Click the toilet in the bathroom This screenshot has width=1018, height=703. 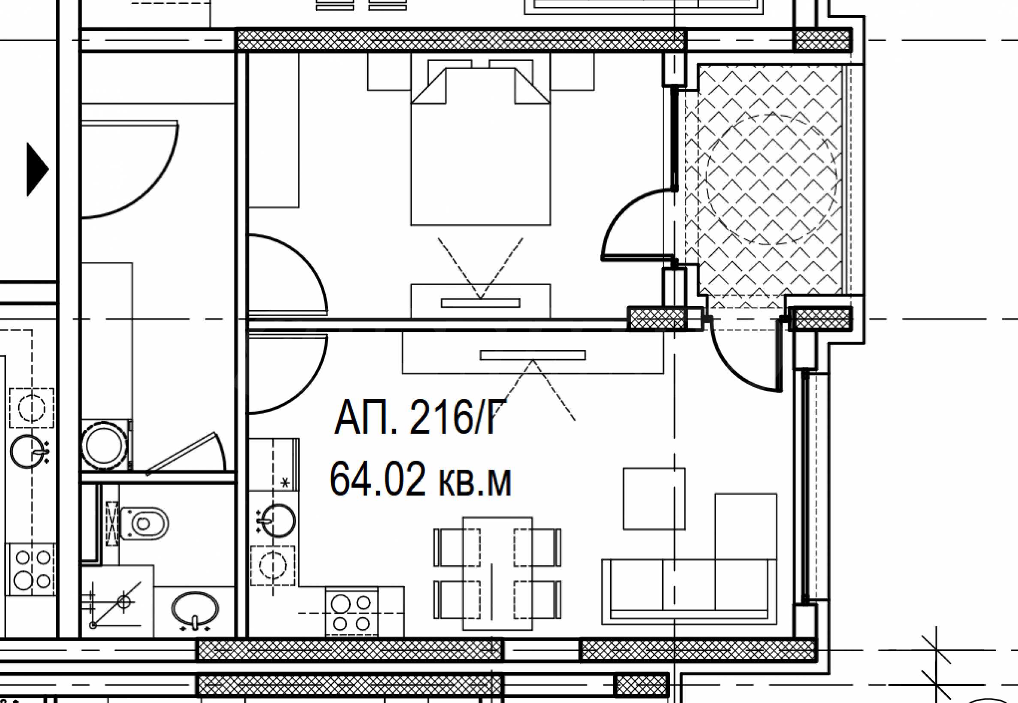click(139, 524)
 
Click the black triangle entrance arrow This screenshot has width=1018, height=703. click(37, 169)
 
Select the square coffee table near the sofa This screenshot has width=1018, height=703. click(654, 498)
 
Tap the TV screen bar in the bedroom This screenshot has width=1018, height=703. click(480, 303)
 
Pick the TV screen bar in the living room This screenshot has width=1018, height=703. click(533, 355)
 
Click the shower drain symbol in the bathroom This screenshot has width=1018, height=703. click(124, 601)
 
